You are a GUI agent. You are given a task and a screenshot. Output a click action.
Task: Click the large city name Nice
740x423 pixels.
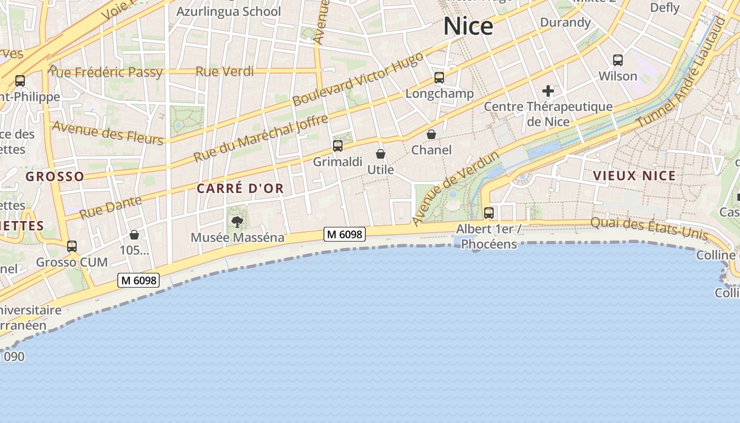click(x=468, y=26)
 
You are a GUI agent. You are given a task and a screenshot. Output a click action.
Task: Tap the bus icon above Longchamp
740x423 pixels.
click(x=439, y=78)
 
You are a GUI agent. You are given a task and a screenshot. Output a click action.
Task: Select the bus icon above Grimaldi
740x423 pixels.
click(x=338, y=146)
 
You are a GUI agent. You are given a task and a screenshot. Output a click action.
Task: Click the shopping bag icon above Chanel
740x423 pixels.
click(x=431, y=134)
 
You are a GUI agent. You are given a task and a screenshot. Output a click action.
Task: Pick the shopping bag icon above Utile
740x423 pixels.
click(x=381, y=154)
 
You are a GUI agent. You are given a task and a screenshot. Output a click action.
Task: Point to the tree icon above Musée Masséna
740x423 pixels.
click(x=237, y=222)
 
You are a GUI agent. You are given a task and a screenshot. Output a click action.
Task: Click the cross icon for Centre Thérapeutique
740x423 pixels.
click(x=548, y=91)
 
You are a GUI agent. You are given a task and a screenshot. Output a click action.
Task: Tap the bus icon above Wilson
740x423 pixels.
click(x=617, y=60)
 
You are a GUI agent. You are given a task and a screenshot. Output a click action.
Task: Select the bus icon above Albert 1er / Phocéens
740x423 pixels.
click(x=489, y=213)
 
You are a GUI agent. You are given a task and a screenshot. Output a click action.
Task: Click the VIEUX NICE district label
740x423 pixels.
click(x=634, y=176)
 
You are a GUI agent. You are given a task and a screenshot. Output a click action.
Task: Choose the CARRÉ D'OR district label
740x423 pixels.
click(x=240, y=188)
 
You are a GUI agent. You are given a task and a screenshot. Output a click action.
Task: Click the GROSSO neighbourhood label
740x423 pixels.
click(x=55, y=177)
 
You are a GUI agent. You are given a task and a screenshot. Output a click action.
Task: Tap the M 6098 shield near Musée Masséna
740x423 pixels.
click(x=345, y=234)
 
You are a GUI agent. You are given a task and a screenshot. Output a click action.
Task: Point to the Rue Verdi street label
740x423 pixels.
click(x=225, y=71)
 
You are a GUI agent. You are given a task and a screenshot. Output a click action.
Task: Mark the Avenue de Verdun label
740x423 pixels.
click(x=455, y=189)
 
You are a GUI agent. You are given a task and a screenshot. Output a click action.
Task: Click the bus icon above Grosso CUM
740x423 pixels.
click(x=72, y=246)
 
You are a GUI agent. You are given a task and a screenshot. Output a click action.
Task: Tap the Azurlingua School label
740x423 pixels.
click(x=228, y=11)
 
